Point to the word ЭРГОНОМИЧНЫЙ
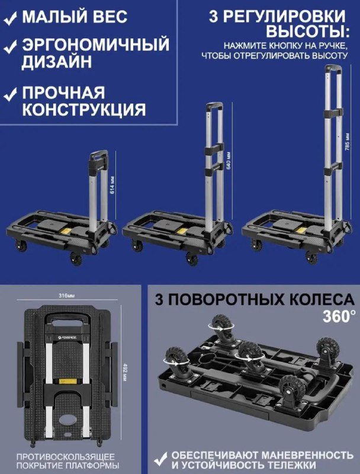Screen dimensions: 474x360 coord(95,44)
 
